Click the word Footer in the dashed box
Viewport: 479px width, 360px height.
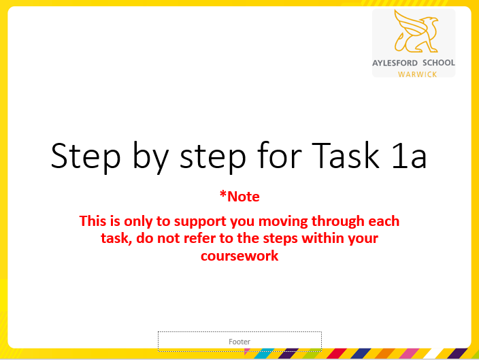[239, 342]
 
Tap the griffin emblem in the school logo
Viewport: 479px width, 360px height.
[414, 34]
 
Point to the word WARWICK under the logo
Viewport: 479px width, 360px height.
[418, 73]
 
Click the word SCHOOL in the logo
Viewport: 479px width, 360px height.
[438, 63]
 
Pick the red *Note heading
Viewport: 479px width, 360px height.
[239, 197]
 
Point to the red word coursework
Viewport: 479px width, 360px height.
[239, 257]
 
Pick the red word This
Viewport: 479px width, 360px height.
[93, 221]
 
